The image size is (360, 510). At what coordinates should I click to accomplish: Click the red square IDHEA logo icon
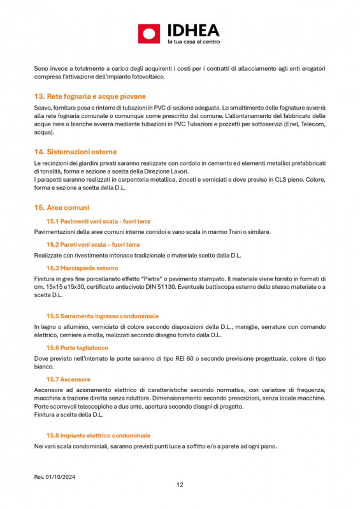149,34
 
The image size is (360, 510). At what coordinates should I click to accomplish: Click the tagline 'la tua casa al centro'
193,41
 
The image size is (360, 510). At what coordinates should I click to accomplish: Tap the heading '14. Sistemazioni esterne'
75,152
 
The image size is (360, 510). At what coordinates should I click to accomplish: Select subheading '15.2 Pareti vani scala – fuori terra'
93,244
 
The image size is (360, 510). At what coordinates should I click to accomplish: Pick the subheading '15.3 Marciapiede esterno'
82,268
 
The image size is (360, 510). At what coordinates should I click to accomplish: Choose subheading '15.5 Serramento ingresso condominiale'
102,316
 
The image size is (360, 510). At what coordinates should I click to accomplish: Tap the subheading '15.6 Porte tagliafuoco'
77,347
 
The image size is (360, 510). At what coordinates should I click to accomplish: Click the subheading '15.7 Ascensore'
68,379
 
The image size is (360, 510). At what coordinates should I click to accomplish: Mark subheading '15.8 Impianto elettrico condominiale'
98,435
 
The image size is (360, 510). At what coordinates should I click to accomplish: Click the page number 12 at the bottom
180,484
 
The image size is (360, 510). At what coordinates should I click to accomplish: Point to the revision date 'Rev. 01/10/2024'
54,477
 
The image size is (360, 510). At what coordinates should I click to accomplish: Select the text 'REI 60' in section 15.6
198,358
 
